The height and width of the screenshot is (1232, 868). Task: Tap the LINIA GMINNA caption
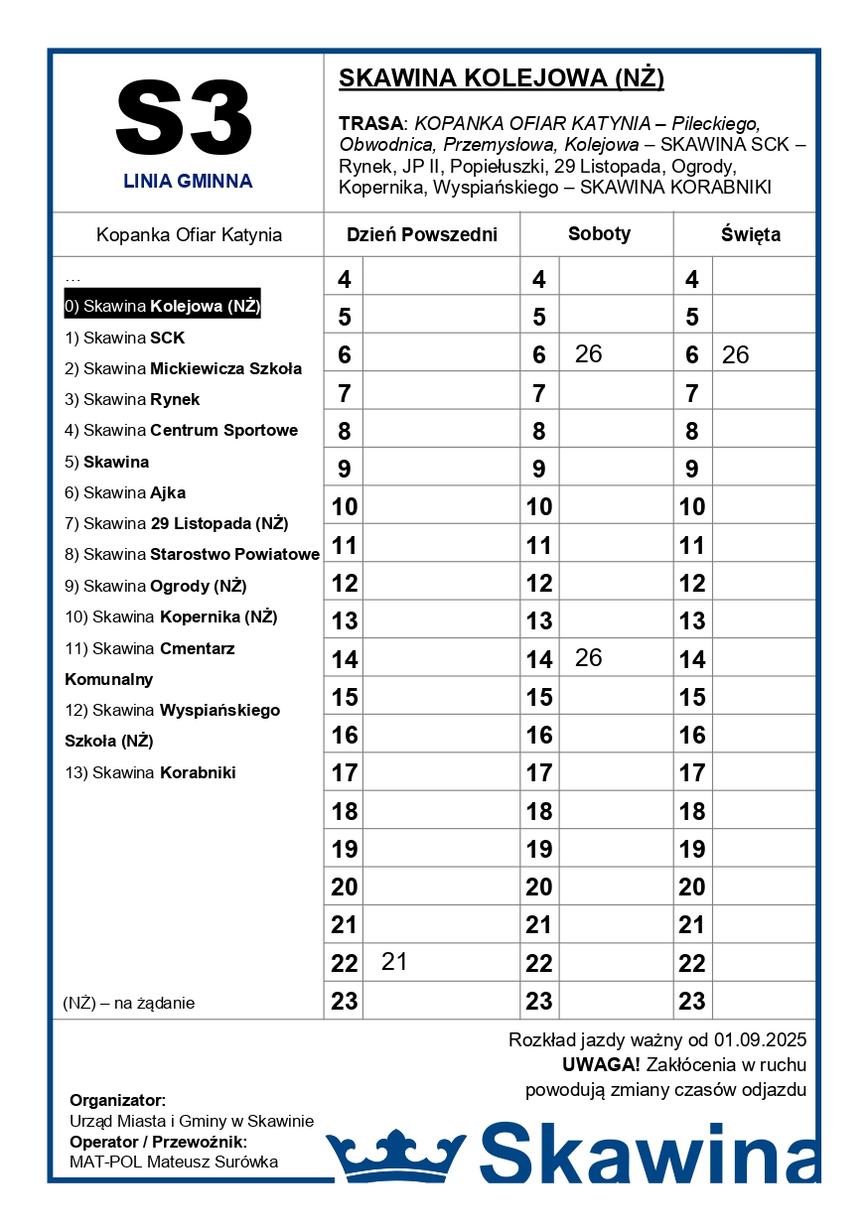[188, 182]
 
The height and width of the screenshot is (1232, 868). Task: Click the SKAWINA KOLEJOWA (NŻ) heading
[502, 78]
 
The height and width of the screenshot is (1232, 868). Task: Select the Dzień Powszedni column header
[421, 235]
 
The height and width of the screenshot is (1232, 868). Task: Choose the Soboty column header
[599, 234]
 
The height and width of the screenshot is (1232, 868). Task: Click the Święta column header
[750, 235]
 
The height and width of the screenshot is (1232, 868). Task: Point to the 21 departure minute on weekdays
[394, 962]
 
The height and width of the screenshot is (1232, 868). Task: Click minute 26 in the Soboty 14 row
[588, 658]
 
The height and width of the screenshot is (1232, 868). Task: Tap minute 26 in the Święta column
[735, 355]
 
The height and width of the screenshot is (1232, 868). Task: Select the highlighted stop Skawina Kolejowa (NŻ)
[162, 306]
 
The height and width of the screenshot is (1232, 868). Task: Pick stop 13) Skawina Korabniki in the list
[150, 772]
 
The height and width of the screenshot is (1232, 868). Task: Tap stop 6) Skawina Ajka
[125, 492]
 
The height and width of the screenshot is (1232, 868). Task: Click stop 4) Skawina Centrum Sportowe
[181, 430]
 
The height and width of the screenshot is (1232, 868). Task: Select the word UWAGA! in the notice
[601, 1065]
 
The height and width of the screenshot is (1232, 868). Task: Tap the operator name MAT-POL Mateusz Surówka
[174, 1162]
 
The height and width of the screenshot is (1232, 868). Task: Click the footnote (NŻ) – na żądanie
[129, 1003]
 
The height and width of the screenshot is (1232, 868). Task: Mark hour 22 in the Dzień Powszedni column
[344, 963]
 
